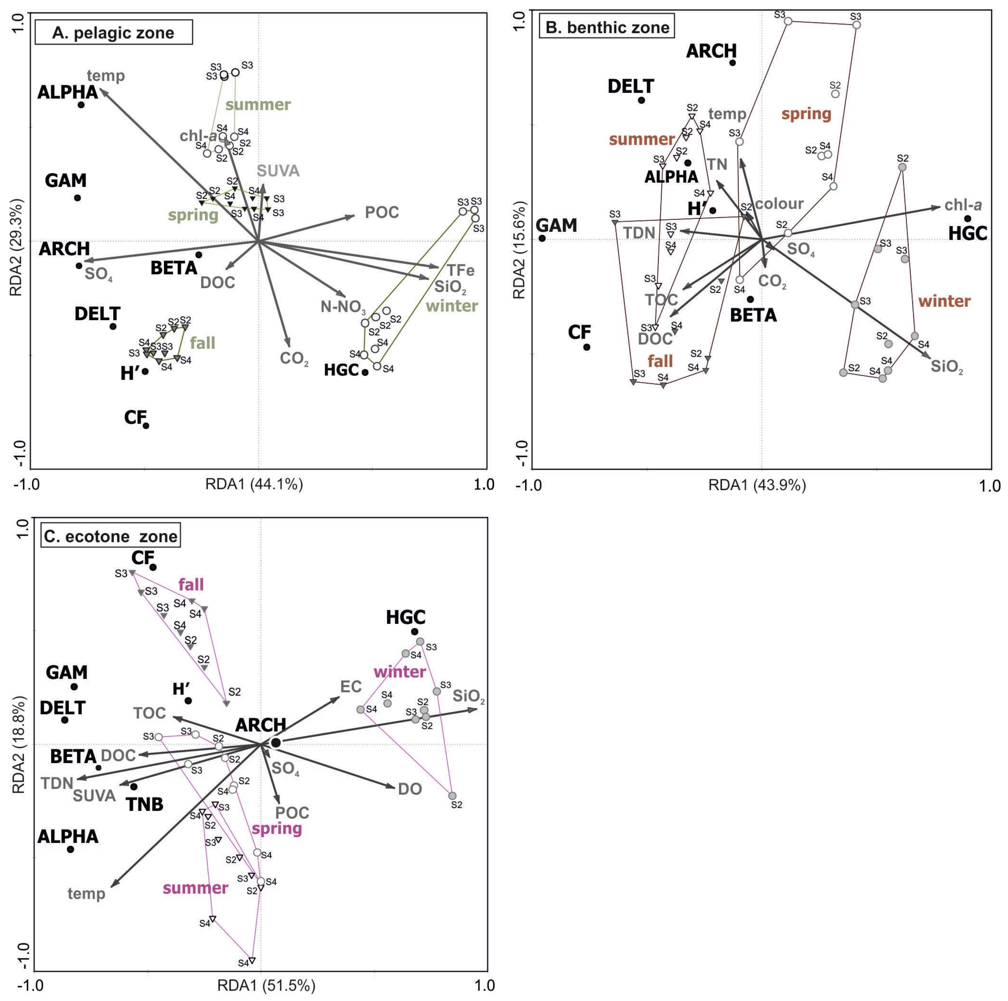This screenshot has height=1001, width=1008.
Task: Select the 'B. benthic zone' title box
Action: pos(607,28)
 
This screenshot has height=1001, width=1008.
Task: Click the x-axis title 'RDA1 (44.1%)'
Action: pos(254,484)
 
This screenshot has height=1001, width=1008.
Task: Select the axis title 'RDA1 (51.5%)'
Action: pos(266,986)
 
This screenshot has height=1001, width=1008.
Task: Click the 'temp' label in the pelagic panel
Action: pos(106,76)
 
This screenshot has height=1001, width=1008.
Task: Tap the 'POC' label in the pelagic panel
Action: pos(382,212)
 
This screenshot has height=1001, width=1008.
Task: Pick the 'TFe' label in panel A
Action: pos(460,270)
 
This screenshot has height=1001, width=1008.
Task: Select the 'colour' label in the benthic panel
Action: pos(779,203)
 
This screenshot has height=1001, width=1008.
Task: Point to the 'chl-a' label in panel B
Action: pos(963,205)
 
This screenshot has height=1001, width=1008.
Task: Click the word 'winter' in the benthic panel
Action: pos(944,301)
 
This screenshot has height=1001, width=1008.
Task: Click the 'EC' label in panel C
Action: pos(351,686)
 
